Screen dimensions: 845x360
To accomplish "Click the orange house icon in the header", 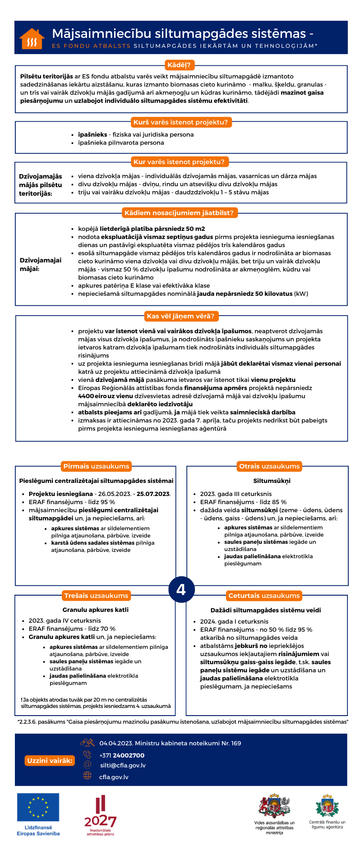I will (32, 39).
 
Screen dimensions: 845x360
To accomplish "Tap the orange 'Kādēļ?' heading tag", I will (179, 65).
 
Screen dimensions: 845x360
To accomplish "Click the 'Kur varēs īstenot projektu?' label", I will (179, 162).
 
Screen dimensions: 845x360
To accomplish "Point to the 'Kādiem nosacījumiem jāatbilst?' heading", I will (179, 213).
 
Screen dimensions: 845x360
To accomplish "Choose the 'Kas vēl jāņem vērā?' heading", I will (180, 316).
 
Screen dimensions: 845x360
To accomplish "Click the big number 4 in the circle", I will (181, 589).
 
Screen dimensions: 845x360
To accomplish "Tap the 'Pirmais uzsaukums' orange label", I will (96, 466).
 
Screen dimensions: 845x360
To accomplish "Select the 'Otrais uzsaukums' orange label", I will (269, 466).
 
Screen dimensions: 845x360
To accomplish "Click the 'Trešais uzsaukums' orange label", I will (96, 596).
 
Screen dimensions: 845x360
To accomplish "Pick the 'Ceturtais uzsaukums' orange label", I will (264, 596).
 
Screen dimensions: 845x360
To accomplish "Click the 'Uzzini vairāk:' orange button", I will (50, 761).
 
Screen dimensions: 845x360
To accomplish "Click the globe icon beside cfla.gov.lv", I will (87, 775).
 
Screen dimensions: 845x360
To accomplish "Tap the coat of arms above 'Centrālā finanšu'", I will (327, 806).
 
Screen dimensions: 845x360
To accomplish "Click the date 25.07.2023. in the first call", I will (153, 494).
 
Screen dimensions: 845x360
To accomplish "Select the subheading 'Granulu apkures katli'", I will (96, 610).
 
